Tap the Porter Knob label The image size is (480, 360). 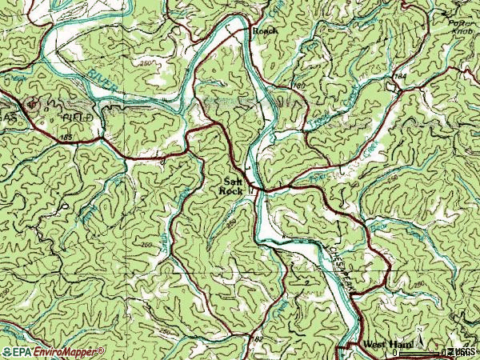click(x=461, y=28)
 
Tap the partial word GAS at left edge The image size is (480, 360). click(x=7, y=117)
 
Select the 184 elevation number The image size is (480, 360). click(x=400, y=76)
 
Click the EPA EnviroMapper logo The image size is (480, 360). click(x=53, y=351)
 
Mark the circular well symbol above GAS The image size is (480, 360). click(x=33, y=103)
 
